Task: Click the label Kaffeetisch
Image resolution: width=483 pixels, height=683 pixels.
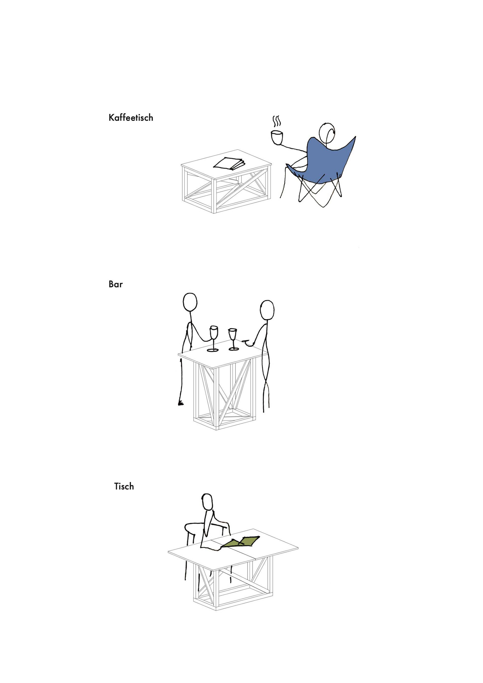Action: (131, 118)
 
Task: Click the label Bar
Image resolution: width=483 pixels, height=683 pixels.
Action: (116, 284)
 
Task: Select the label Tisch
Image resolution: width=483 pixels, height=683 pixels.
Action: (124, 486)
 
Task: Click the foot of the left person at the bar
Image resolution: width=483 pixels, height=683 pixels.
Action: (180, 403)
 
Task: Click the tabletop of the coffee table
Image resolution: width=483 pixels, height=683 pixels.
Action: (226, 165)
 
